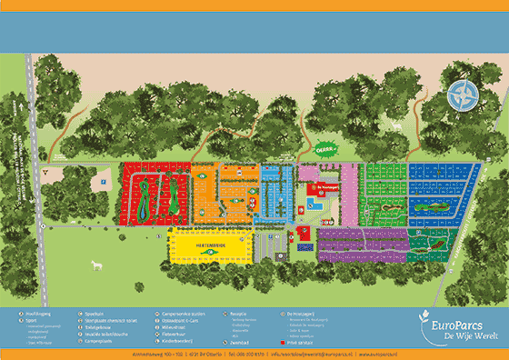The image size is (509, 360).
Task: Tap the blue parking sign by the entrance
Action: click(x=105, y=182)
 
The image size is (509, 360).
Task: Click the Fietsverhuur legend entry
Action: click(x=174, y=334)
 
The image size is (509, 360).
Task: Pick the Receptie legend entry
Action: click(x=235, y=313)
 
